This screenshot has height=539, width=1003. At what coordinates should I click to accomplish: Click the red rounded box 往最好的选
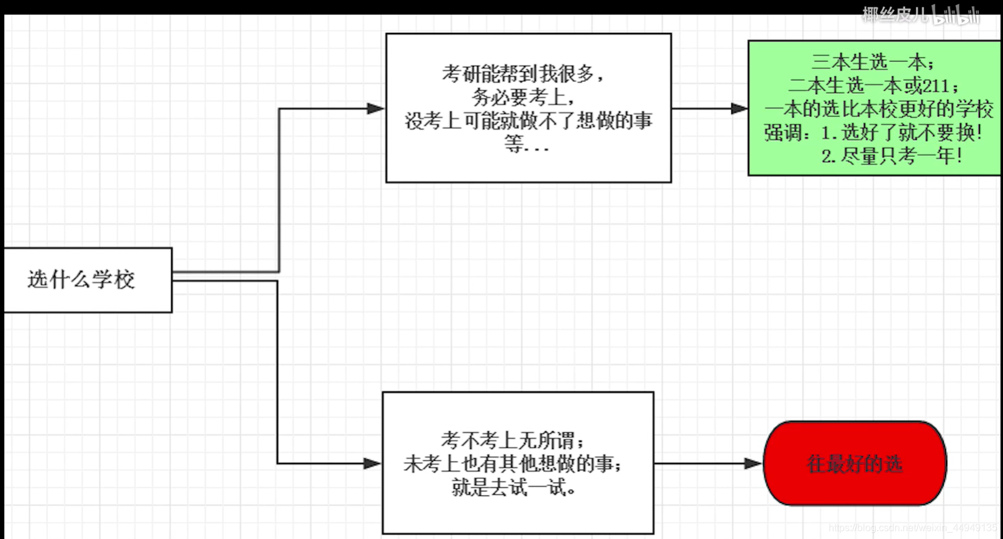click(x=855, y=463)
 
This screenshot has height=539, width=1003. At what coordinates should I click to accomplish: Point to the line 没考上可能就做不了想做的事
click(x=528, y=120)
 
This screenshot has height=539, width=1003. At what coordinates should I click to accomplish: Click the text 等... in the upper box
click(x=526, y=145)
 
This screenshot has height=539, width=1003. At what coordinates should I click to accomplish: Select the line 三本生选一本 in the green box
click(x=873, y=62)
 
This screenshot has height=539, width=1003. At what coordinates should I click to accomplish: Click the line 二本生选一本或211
click(x=874, y=86)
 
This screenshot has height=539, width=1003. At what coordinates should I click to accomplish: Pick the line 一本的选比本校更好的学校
click(x=878, y=109)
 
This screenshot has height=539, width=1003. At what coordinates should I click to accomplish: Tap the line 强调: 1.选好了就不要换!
click(x=873, y=132)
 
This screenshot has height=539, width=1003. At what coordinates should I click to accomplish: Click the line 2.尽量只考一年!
click(x=891, y=156)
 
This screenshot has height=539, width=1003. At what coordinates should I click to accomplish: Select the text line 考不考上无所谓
click(x=513, y=440)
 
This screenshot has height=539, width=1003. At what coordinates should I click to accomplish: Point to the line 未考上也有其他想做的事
click(x=513, y=464)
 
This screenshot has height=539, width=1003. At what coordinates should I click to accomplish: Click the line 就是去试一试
click(x=514, y=488)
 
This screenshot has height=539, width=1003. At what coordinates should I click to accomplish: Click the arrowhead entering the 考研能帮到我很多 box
click(x=376, y=109)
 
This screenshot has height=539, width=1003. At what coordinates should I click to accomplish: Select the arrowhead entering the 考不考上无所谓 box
click(x=372, y=463)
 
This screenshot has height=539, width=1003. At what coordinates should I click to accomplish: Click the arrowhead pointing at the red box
click(x=753, y=463)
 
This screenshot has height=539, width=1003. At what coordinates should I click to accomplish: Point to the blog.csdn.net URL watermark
click(x=912, y=528)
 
